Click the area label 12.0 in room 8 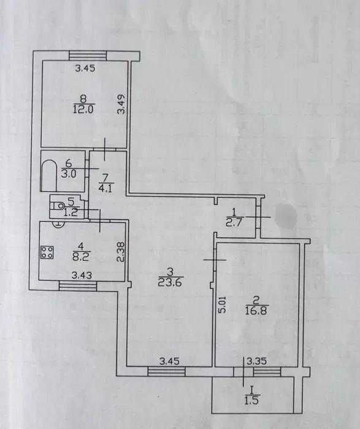[83, 109]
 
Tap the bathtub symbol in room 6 [49, 176]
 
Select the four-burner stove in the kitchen [47, 252]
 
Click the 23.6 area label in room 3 [170, 282]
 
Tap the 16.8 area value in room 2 [257, 311]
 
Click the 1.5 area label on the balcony [251, 401]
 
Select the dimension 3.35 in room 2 [257, 361]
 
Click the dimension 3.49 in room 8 [121, 104]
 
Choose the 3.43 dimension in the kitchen [82, 275]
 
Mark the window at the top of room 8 [87, 55]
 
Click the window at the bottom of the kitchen [78, 287]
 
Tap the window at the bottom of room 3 [166, 371]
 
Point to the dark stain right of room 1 [286, 216]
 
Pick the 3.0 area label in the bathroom [68, 174]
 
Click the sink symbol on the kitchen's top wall [58, 224]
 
